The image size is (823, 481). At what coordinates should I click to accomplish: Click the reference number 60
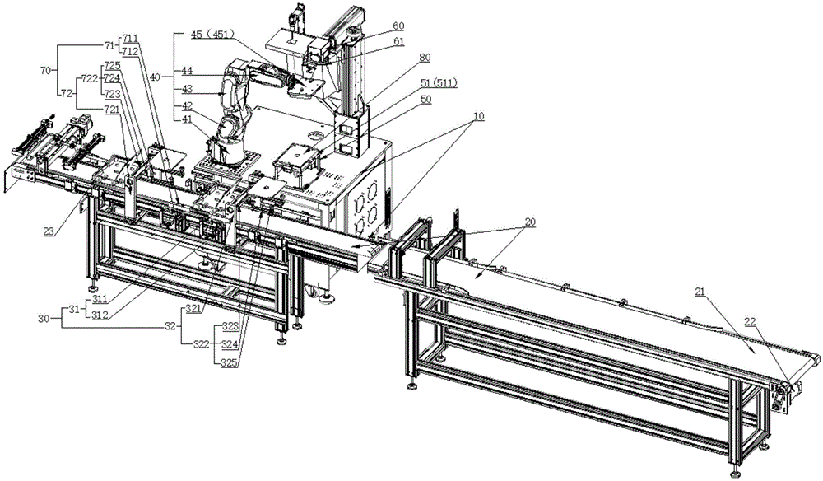tap(399, 26)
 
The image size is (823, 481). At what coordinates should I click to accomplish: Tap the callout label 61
tap(399, 41)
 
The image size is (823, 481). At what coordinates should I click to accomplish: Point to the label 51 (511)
tap(439, 83)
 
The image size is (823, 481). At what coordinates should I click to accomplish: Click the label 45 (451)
tap(212, 34)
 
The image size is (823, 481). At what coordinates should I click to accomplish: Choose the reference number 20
tap(530, 222)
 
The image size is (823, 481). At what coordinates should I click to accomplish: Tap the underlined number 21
tap(700, 292)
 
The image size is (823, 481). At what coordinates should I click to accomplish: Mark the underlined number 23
tap(49, 231)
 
